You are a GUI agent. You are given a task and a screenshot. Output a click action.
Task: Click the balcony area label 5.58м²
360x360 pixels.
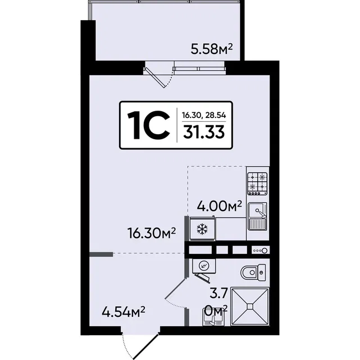point(212,49)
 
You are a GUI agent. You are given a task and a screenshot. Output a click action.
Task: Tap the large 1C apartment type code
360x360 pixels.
point(148,125)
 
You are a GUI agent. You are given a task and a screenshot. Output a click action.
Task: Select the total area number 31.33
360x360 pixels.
point(204,133)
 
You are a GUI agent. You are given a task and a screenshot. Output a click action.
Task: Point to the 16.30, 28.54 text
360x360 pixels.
point(204,115)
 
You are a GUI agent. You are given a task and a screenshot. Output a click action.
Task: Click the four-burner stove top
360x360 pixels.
point(257,184)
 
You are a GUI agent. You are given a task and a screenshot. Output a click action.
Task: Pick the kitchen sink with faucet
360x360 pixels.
point(258,216)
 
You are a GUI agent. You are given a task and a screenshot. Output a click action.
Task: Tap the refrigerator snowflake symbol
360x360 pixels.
point(202,229)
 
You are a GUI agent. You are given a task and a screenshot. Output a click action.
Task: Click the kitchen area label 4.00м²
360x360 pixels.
point(219,206)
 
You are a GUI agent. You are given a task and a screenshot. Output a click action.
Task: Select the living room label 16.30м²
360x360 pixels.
point(151,233)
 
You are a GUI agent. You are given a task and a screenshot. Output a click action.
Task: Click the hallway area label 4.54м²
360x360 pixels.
point(124,312)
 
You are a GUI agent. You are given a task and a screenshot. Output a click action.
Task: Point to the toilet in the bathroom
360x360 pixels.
point(253,272)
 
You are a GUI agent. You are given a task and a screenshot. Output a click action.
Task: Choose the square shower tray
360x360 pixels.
point(250,306)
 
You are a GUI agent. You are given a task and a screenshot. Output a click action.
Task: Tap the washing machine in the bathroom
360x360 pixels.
point(204,266)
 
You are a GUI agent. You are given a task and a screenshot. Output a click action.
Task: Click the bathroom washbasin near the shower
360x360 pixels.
point(213,318)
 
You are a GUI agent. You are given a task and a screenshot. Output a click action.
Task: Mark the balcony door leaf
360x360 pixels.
point(154,78)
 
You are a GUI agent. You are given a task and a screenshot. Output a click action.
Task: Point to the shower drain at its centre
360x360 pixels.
point(250,306)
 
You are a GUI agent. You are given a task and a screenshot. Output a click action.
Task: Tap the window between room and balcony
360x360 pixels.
point(199,69)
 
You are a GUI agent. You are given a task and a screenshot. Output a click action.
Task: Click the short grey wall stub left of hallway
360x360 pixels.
point(101,254)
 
